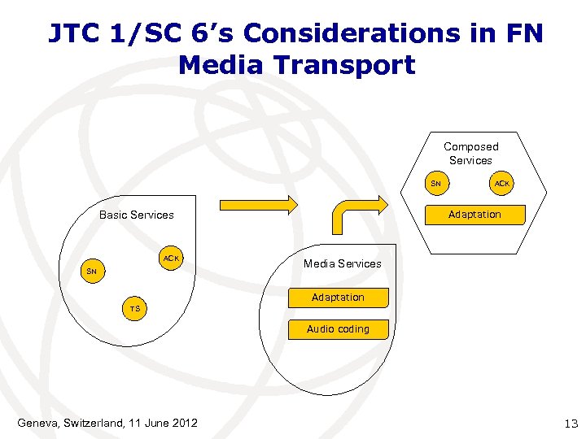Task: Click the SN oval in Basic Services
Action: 91,271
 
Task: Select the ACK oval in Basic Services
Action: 171,259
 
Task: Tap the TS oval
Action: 134,309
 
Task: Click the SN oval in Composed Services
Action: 435,184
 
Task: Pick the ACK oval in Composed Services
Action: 501,184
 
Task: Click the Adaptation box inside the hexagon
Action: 474,215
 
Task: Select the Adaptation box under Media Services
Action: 338,298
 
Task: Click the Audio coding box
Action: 338,329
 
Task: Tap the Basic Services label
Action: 136,215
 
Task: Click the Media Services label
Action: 342,263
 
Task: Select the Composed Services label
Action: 470,154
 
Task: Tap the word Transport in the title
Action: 354,64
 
